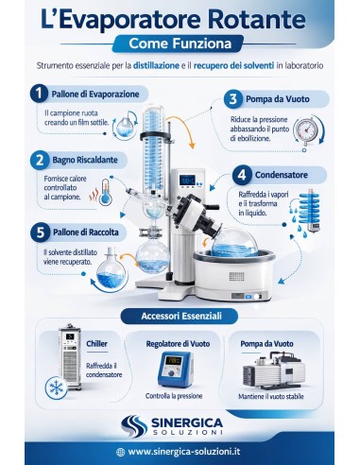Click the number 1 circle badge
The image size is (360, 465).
coord(38,94)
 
